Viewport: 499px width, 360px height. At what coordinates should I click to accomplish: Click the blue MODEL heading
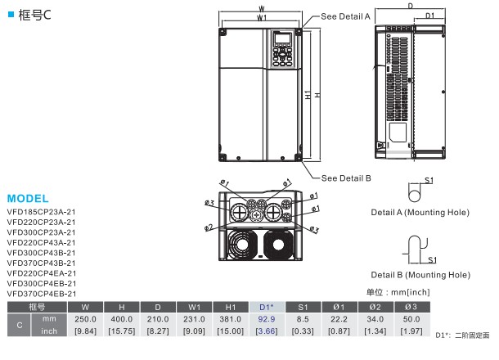(28, 199)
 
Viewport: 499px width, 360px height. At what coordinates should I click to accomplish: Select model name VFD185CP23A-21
(41, 210)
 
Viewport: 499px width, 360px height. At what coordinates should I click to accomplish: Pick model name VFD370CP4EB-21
(41, 293)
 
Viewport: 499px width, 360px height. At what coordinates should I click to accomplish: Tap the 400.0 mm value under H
(121, 318)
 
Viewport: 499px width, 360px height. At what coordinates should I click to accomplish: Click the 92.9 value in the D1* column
(265, 318)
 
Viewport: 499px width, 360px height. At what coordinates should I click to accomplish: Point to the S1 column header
(302, 306)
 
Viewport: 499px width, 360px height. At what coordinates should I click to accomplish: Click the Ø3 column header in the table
(410, 306)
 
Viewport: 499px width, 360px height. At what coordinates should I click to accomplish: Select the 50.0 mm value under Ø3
(410, 318)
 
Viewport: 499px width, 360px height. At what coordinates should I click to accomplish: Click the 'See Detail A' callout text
(346, 16)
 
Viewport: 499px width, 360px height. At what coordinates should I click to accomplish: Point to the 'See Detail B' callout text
(346, 178)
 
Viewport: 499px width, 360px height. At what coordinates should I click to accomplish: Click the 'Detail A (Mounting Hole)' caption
(420, 212)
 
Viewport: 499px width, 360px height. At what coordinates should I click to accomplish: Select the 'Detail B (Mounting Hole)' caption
(420, 274)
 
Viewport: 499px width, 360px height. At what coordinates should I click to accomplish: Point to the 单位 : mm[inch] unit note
(398, 292)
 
